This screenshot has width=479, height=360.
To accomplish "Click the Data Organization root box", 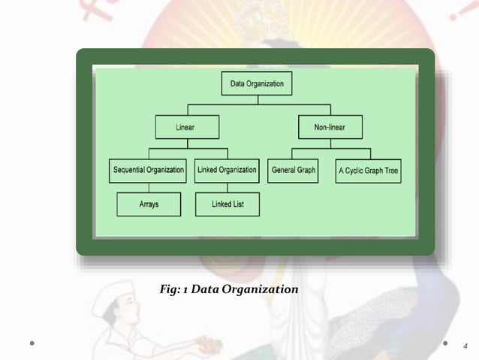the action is [256, 83].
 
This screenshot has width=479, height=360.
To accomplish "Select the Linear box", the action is [187, 127].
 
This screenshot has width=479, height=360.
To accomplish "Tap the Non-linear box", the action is [330, 127].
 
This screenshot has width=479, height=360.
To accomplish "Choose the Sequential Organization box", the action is [149, 170].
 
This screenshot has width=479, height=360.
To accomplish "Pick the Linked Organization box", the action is [227, 170].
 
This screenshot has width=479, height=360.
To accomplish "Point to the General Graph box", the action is [293, 170].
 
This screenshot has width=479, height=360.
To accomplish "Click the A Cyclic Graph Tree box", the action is [368, 171].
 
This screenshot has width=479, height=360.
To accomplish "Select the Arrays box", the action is [149, 204].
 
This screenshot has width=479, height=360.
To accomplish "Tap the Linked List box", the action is [227, 204].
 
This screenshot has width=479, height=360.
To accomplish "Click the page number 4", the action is [465, 346].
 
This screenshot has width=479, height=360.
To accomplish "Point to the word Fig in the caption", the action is [170, 289].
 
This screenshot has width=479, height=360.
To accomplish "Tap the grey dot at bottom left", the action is [32, 345].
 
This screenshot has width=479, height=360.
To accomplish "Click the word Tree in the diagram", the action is [390, 171].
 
